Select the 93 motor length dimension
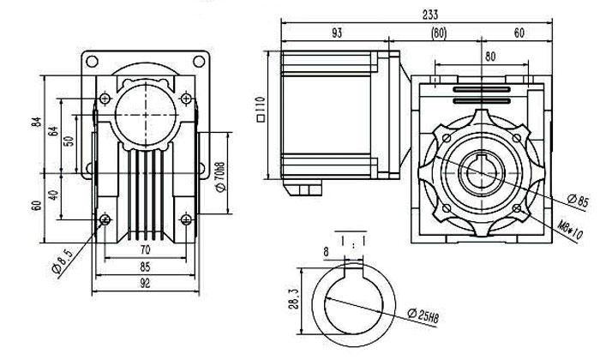coord(338,33)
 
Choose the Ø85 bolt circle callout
coord(575,202)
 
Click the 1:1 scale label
coord(354,243)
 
